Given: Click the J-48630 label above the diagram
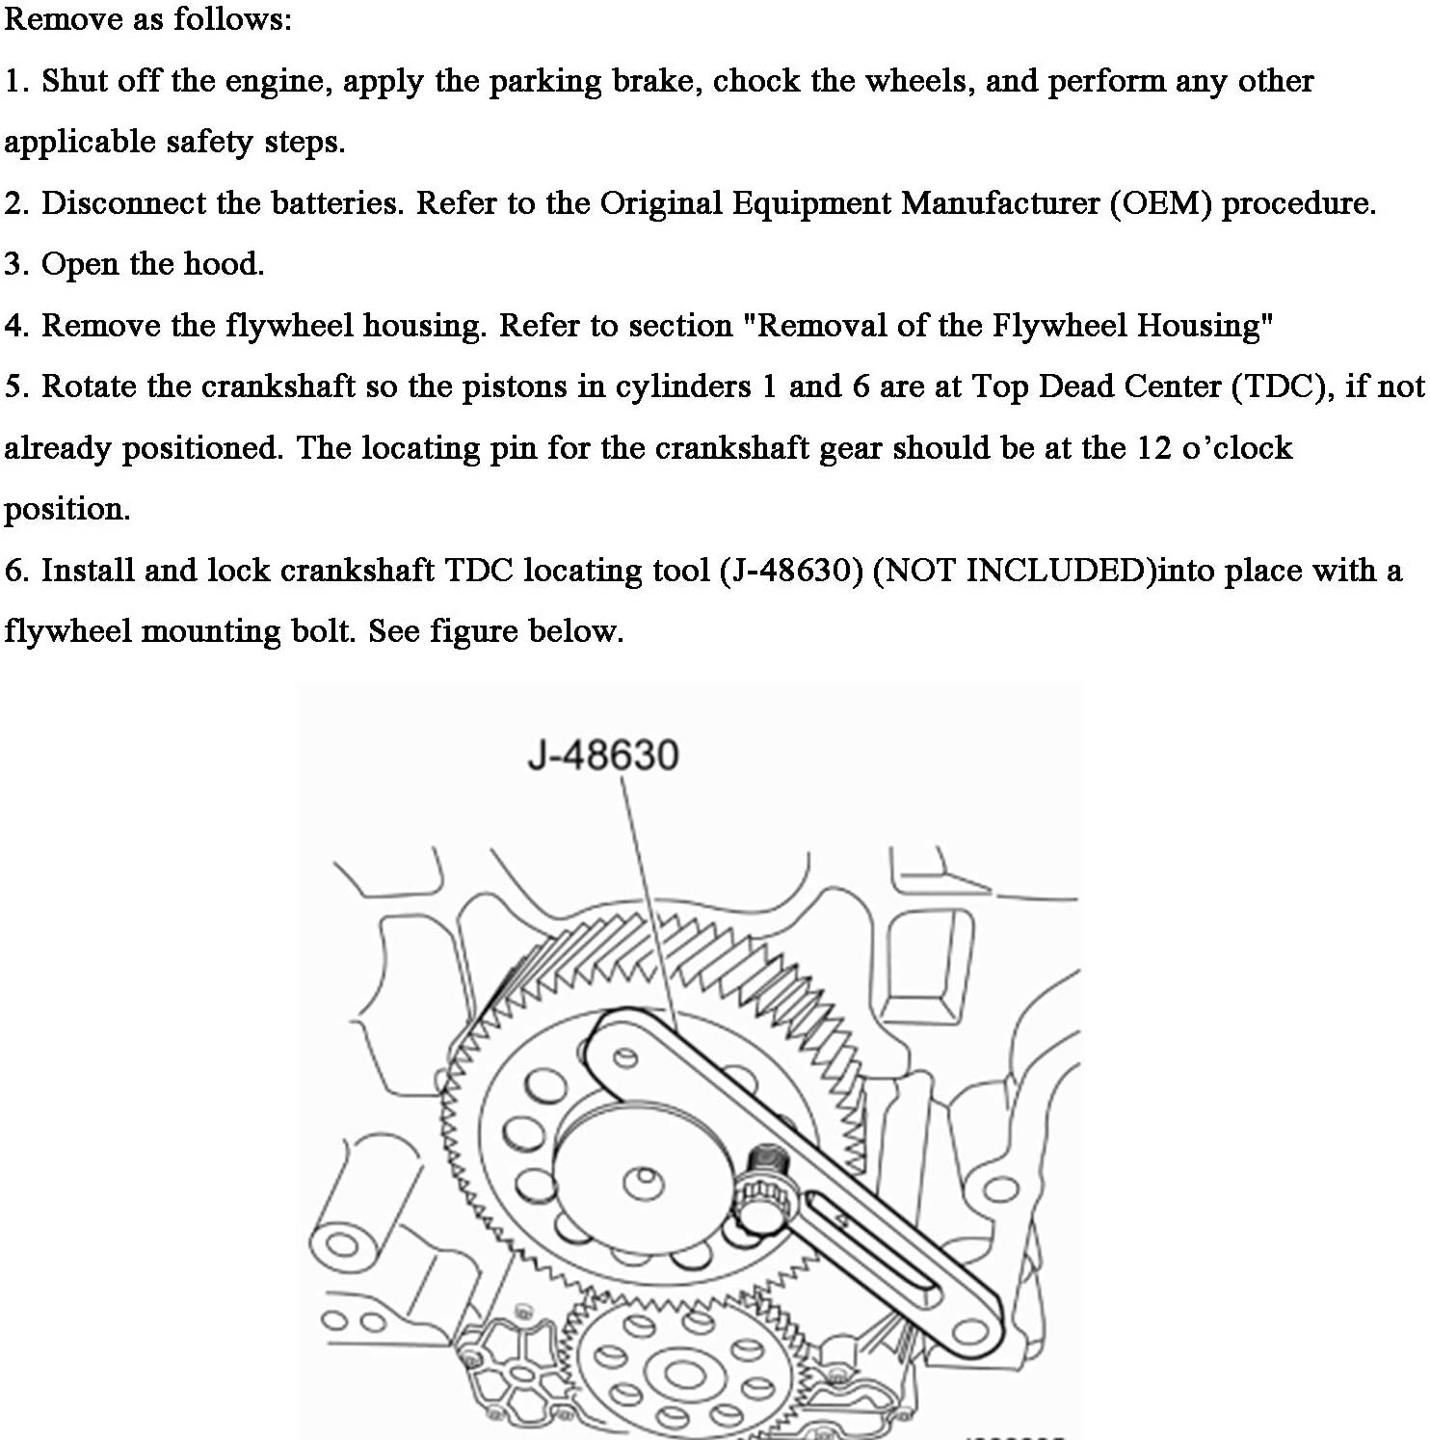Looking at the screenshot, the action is (603, 755).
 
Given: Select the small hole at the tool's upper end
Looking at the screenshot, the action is (625, 1058).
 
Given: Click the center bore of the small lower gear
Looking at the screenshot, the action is (679, 1375).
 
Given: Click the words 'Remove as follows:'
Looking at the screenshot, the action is (147, 18).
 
